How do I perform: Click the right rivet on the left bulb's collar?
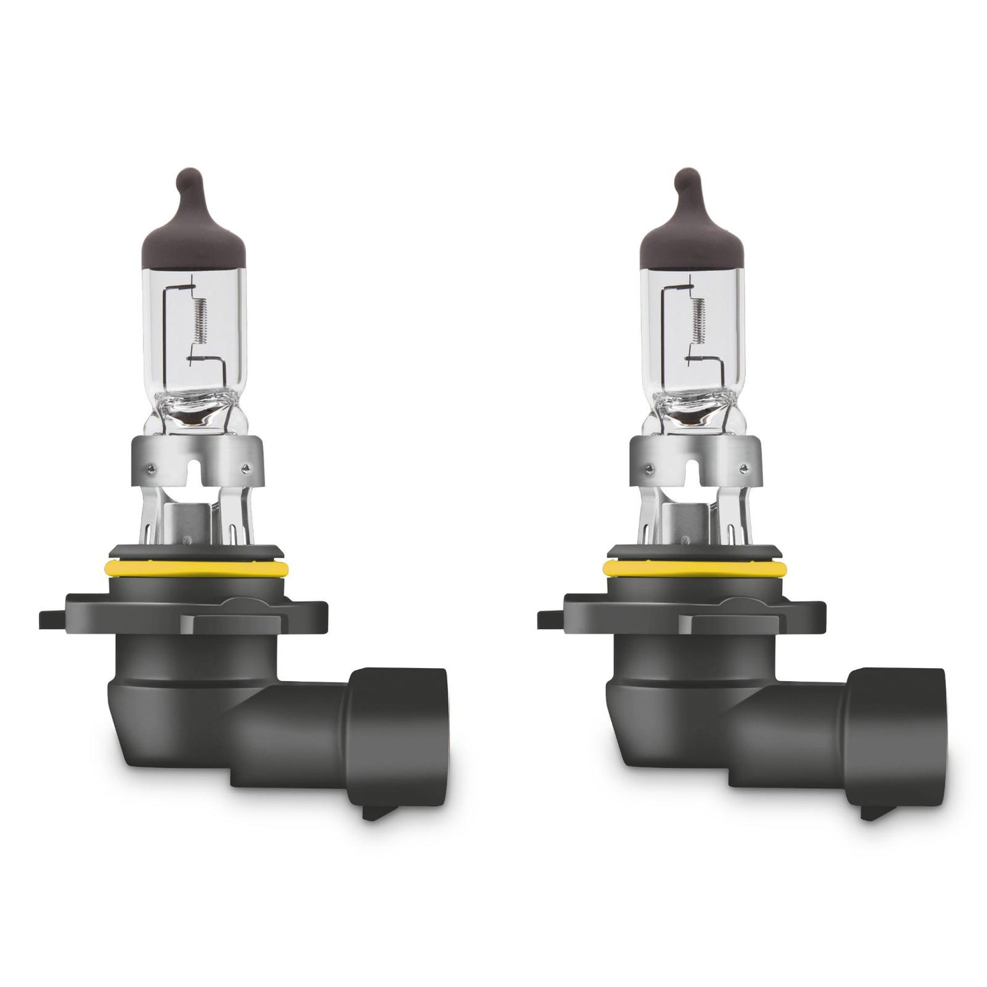pyautogui.click(x=245, y=469)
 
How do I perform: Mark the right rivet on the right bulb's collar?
pyautogui.click(x=743, y=469)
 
